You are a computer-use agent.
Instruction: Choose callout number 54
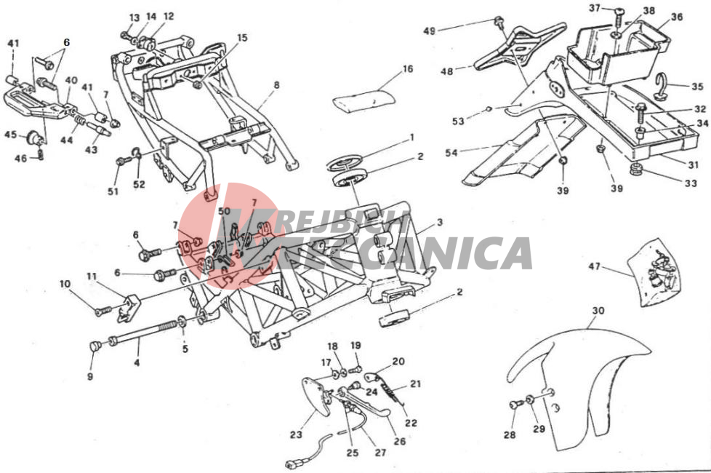[451, 153]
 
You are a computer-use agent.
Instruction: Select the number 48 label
[447, 71]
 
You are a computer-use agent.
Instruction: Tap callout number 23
[296, 434]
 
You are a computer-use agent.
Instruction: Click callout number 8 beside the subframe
[276, 85]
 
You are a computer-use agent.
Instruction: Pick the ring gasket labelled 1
[346, 161]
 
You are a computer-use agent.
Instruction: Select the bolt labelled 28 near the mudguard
[515, 405]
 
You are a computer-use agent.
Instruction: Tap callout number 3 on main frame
[439, 223]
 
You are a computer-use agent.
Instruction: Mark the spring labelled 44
[79, 122]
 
